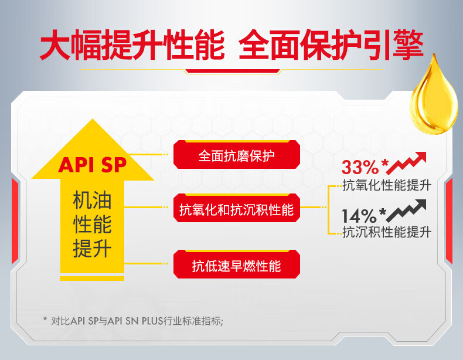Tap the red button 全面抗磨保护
[x=237, y=155]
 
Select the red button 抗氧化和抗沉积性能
[x=237, y=208]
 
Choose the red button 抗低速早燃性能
[x=237, y=264]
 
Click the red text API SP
[x=93, y=165]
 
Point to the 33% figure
[x=360, y=167]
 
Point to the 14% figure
[x=359, y=216]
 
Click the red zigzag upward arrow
[x=406, y=163]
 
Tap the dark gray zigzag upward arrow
[x=406, y=210]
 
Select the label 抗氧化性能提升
[x=387, y=185]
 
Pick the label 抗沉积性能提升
[x=387, y=232]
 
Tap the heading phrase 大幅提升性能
[x=132, y=45]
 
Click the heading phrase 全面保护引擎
[x=331, y=45]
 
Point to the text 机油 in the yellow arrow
[x=92, y=201]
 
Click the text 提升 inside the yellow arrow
[x=92, y=249]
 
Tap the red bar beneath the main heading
[x=233, y=71]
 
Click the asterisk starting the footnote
[x=45, y=319]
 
